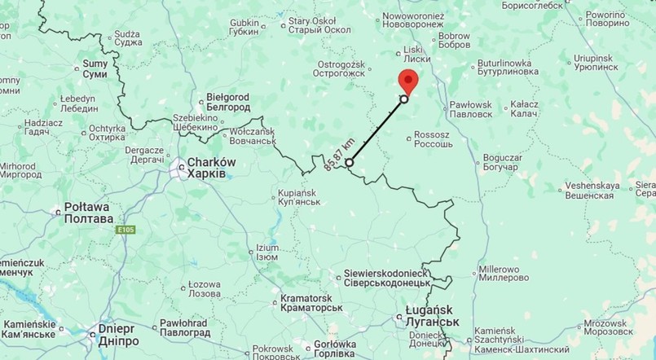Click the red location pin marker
pos(407,81)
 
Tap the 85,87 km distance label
pos(339,153)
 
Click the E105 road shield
pos(125,230)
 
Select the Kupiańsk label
pos(293,197)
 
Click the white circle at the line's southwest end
pos(349,163)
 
